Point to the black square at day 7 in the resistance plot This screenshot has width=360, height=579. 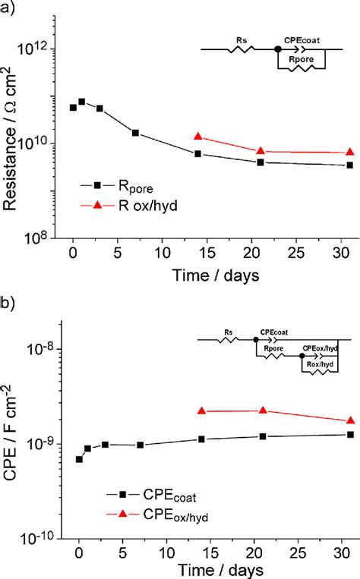pyautogui.click(x=135, y=133)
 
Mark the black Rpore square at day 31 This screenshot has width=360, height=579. pyautogui.click(x=349, y=165)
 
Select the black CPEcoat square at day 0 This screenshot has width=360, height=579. pyautogui.click(x=79, y=459)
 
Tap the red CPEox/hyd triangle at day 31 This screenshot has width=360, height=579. pyautogui.click(x=350, y=420)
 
